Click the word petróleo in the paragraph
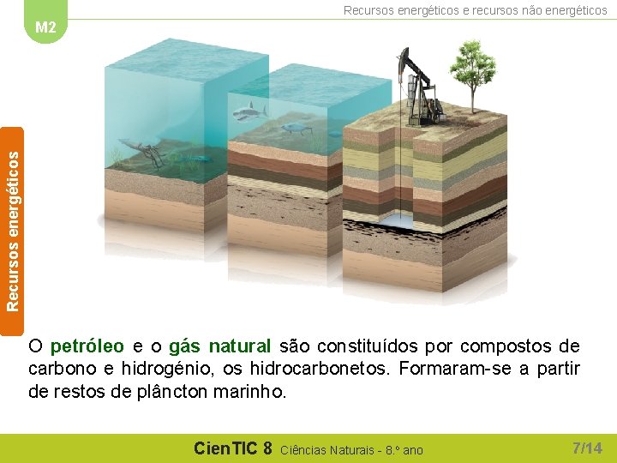[x=87, y=347]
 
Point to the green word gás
[x=184, y=347]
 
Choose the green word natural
[x=240, y=347]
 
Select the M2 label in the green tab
[x=45, y=27]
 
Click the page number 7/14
[x=587, y=448]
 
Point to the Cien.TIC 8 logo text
[x=232, y=448]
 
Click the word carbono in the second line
[x=59, y=370]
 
